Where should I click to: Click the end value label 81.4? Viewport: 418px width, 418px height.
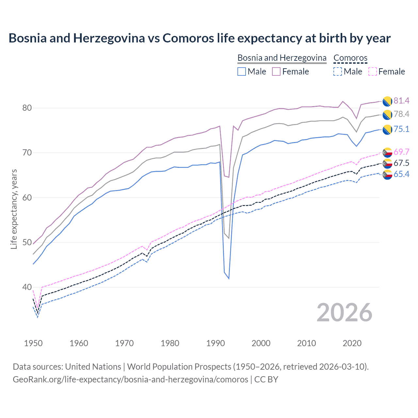coord(401,101)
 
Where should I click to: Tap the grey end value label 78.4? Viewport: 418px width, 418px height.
coord(401,114)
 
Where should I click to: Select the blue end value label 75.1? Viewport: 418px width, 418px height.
coord(401,129)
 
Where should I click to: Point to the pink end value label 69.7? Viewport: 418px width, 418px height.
coord(401,152)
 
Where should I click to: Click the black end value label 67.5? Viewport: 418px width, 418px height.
coord(401,163)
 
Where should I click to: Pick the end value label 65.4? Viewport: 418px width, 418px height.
coord(401,174)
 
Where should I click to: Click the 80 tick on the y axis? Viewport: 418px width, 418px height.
coord(27,108)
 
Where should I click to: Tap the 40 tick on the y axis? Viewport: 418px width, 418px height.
coord(27,287)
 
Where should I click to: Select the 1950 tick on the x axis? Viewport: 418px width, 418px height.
coord(33,343)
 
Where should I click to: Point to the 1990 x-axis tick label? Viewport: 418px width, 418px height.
coord(216,343)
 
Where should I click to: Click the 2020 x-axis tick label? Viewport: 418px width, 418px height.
coord(352,343)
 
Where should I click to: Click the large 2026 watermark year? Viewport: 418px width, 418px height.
coord(344,313)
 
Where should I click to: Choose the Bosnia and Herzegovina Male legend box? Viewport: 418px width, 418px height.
coord(242,72)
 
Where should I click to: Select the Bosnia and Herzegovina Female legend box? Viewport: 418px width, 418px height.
coord(276,72)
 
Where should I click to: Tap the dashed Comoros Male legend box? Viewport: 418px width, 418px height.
coord(338,72)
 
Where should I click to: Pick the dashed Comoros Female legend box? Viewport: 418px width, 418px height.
coord(372,72)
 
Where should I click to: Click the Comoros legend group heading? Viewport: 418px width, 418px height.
coord(350,58)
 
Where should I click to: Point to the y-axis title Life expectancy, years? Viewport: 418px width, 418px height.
coord(14,209)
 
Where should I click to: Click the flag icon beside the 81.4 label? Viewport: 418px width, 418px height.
coord(387,101)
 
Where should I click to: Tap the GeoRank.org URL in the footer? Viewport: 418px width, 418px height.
coord(130,379)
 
